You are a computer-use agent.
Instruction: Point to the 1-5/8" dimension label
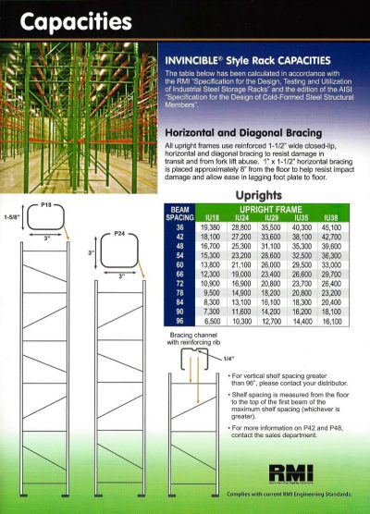(x=11, y=220)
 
